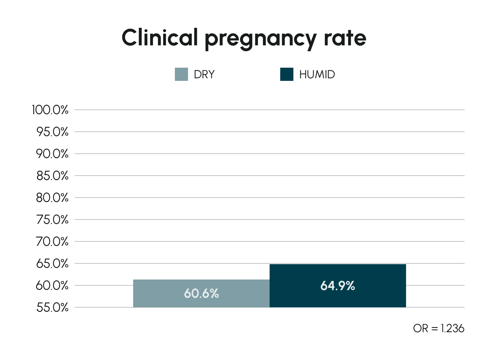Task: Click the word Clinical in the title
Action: (x=159, y=37)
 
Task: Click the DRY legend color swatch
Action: (x=181, y=74)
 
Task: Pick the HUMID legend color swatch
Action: (x=286, y=74)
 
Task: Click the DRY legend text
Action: (x=204, y=74)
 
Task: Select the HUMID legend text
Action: (x=317, y=74)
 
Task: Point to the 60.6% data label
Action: (x=201, y=293)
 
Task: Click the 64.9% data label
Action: (x=338, y=286)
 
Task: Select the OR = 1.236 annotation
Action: (x=438, y=329)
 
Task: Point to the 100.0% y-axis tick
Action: (x=50, y=110)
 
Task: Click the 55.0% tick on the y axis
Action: (x=52, y=307)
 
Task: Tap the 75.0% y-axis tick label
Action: (x=52, y=220)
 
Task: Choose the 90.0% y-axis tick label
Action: (x=52, y=154)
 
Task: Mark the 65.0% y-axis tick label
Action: (x=52, y=263)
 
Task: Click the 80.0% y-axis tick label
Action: (x=52, y=198)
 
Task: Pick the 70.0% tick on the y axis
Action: (x=52, y=241)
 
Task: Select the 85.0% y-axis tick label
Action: (x=52, y=176)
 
